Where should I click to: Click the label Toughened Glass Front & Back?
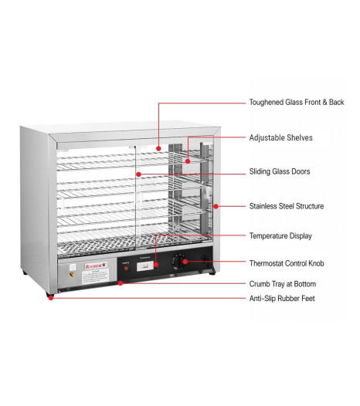(297, 103)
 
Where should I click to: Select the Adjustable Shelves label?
(280, 137)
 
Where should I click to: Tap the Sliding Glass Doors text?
(280, 171)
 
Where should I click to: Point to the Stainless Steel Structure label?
(287, 206)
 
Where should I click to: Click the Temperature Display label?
(280, 236)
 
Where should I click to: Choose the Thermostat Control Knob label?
(287, 263)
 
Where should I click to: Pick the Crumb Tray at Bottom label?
(283, 284)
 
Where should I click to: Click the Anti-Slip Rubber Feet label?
(282, 298)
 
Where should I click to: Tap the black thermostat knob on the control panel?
(178, 262)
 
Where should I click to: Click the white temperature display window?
(145, 266)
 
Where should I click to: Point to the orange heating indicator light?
(126, 269)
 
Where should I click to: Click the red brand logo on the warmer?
(96, 266)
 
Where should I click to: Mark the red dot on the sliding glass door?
(138, 174)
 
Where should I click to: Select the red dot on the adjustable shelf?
(188, 161)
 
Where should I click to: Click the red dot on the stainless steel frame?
(216, 206)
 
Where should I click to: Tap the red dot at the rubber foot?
(51, 298)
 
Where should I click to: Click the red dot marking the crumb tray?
(120, 283)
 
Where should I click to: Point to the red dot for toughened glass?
(158, 149)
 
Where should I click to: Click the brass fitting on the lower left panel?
(73, 275)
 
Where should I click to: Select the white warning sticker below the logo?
(96, 276)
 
